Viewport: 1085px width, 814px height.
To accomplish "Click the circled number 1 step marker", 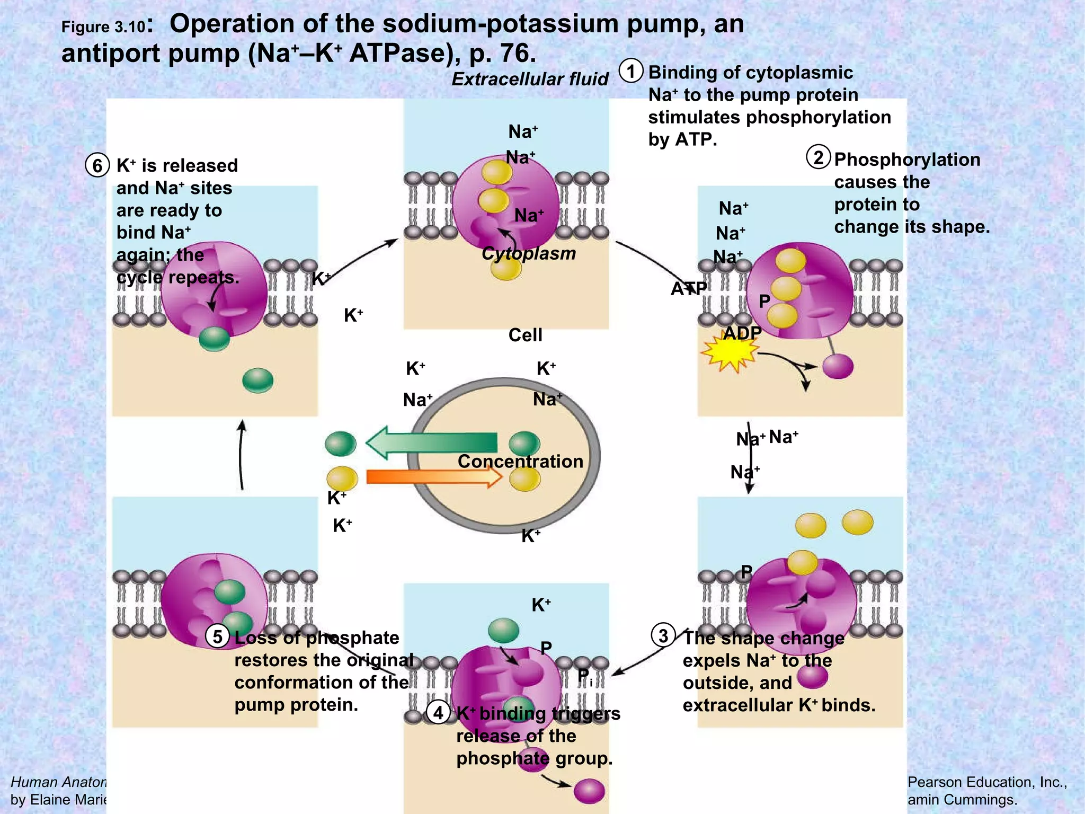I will pos(631,72).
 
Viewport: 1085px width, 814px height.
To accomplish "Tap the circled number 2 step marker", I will pos(819,157).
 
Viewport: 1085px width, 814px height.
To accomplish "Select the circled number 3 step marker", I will pos(663,635).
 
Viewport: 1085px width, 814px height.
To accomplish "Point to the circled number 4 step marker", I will pos(438,713).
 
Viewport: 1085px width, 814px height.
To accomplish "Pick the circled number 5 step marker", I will pos(217,636).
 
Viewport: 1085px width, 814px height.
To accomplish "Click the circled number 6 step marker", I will pos(97,165).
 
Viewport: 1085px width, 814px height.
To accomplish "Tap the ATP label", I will pos(688,289).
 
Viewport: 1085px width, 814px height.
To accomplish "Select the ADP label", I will pos(742,333).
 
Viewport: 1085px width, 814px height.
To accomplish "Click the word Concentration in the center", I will pos(520,461).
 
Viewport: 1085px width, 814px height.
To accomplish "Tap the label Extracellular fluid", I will pos(530,79).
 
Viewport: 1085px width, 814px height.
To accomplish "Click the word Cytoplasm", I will pos(528,253).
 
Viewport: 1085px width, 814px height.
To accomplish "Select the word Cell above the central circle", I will pos(525,335).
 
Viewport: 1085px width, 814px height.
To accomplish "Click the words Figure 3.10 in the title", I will pos(103,27).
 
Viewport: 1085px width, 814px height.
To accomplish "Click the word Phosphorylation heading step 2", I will pos(907,160).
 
